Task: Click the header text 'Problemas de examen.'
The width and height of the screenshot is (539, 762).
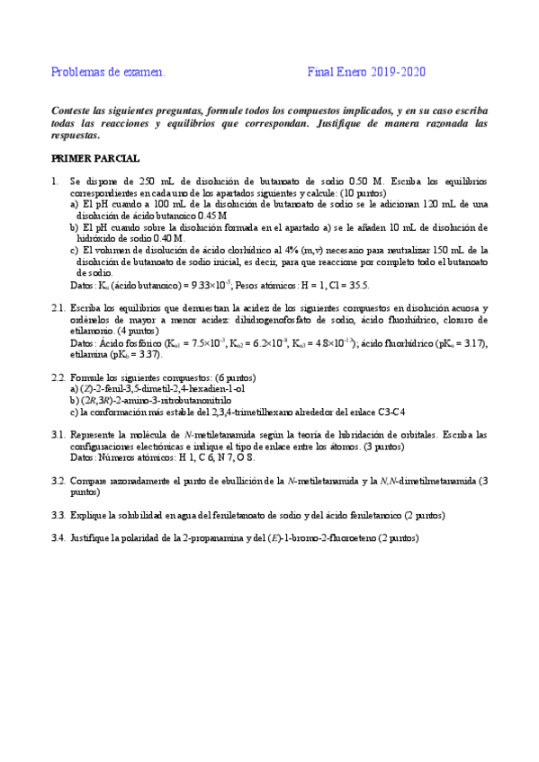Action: click(108, 72)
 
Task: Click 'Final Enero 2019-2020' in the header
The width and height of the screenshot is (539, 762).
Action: click(366, 72)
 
